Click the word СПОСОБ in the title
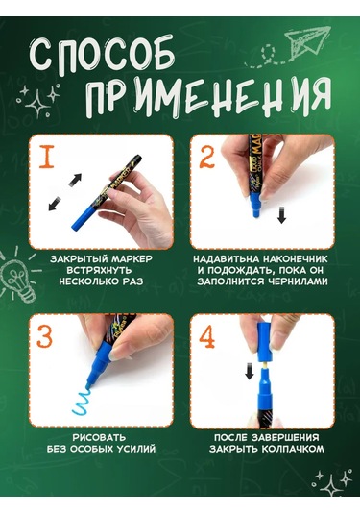102,55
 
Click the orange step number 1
47,157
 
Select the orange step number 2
206,157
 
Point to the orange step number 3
44,336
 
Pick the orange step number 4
207,336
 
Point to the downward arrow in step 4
250,371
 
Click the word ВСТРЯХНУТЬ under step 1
99,270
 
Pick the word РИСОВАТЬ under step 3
99,438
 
